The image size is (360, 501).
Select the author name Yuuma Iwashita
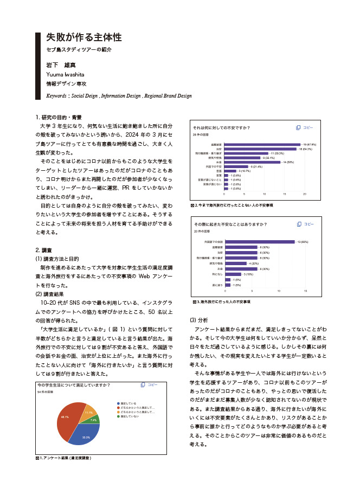pyautogui.click(x=66, y=74)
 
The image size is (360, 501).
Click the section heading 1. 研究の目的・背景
pyautogui.click(x=59, y=117)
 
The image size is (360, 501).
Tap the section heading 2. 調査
pyautogui.click(x=43, y=250)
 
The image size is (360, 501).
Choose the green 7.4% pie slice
pyautogui.click(x=95, y=420)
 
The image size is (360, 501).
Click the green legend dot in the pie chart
pyautogui.click(x=118, y=416)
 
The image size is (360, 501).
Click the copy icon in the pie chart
pyautogui.click(x=142, y=385)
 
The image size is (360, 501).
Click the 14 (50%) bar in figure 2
pyautogui.click(x=252, y=162)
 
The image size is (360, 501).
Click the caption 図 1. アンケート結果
pyautogui.click(x=63, y=458)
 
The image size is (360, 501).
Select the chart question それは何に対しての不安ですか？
pyautogui.click(x=222, y=128)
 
